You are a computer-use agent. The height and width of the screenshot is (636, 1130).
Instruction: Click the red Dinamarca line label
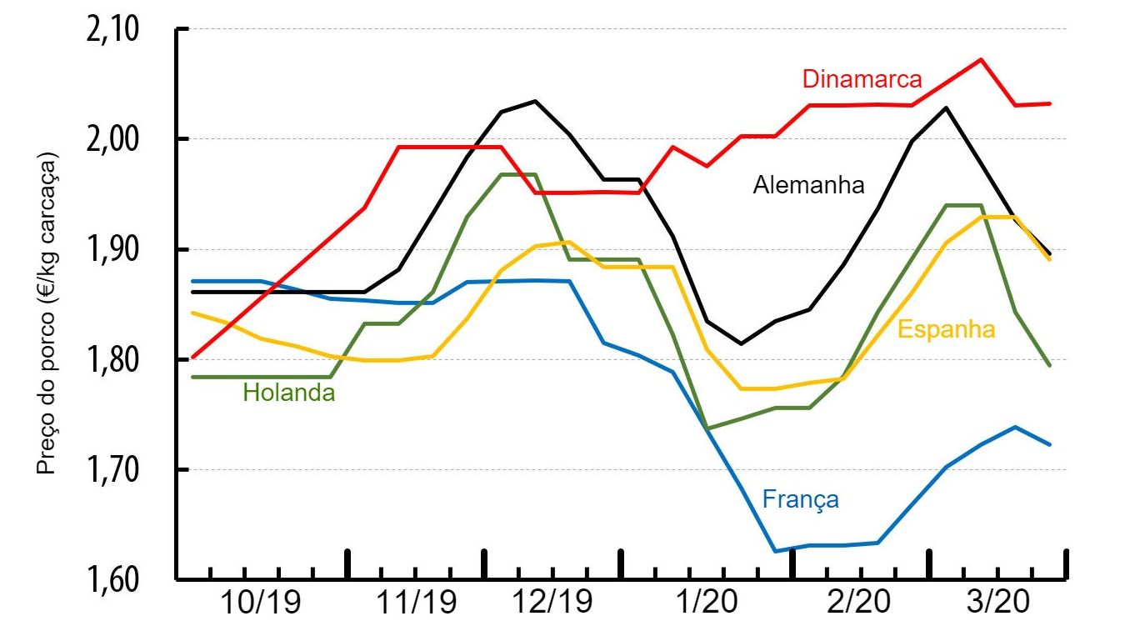tap(862, 79)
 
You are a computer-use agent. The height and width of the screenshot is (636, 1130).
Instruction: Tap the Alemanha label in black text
tap(808, 185)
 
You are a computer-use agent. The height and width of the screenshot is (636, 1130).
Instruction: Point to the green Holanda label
tap(288, 393)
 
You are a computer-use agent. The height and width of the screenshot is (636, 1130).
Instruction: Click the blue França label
tap(800, 499)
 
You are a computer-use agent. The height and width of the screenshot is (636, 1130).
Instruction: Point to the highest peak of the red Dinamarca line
tap(981, 59)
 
